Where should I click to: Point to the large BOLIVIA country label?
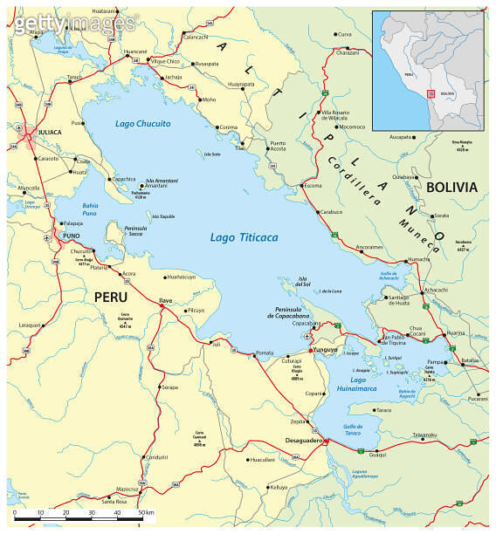pos(451,187)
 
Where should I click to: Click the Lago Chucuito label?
pos(143,124)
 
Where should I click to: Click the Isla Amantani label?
pos(149,180)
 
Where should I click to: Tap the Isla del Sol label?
pos(303,282)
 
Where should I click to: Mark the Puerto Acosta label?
pos(277,146)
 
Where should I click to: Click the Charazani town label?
pos(348,52)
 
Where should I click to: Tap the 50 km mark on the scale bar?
pos(143,512)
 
